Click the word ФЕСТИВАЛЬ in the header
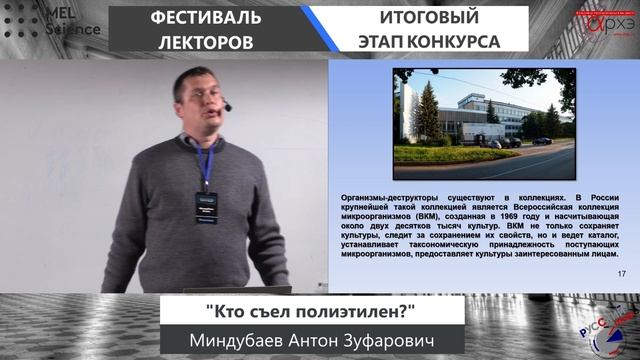206,18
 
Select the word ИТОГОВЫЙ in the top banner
428,18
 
